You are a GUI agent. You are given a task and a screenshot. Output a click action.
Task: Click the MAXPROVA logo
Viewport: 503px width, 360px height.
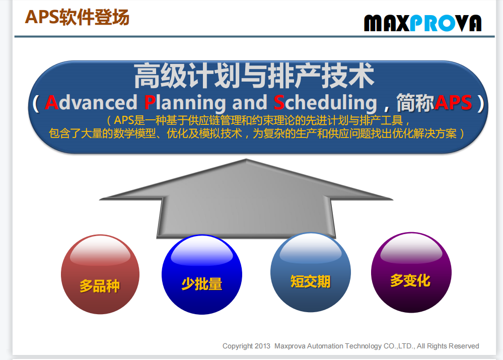pyautogui.click(x=422, y=23)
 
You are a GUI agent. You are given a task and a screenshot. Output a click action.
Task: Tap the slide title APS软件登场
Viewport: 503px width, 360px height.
pyautogui.click(x=77, y=17)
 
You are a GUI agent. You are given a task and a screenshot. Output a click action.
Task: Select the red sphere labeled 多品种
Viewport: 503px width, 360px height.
pyautogui.click(x=100, y=274)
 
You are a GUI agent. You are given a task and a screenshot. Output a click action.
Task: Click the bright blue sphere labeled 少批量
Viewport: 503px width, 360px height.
pyautogui.click(x=202, y=274)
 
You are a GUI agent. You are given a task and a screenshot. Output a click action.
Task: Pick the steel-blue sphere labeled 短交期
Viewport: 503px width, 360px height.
pyautogui.click(x=311, y=272)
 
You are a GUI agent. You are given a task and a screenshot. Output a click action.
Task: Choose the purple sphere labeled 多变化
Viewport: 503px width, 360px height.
pyautogui.click(x=411, y=272)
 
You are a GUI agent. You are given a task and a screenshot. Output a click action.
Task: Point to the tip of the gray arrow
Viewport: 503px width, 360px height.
pyautogui.click(x=246, y=159)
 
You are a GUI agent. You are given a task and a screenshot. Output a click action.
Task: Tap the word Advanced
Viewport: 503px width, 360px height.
pyautogui.click(x=91, y=102)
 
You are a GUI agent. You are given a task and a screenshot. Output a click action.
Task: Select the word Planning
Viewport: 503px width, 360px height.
pyautogui.click(x=185, y=103)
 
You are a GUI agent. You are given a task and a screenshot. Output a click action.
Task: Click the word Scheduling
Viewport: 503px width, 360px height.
pyautogui.click(x=325, y=103)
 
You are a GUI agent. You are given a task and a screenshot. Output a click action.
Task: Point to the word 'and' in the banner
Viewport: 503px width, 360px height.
pyautogui.click(x=250, y=102)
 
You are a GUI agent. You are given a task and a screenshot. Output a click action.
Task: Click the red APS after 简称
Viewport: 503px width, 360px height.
pyautogui.click(x=453, y=102)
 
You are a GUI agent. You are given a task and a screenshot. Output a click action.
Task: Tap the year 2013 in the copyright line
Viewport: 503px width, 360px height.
pyautogui.click(x=262, y=346)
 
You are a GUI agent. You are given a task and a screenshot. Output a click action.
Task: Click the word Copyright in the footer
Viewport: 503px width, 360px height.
pyautogui.click(x=238, y=346)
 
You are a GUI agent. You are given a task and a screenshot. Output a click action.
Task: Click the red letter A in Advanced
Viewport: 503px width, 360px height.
pyautogui.click(x=51, y=103)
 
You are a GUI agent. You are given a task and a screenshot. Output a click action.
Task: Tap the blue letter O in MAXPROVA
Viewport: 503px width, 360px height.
pyautogui.click(x=448, y=24)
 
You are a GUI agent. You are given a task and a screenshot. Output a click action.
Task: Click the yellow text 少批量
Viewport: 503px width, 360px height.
pyautogui.click(x=202, y=283)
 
